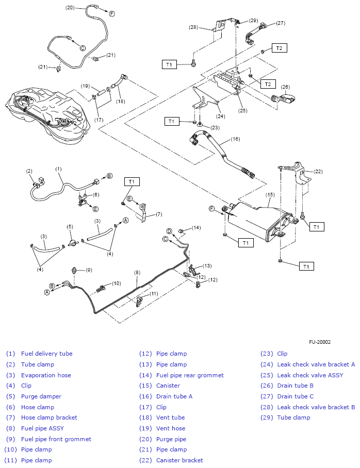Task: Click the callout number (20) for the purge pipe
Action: point(70,8)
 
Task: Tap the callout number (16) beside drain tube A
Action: point(236,139)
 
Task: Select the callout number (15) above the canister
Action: point(270,195)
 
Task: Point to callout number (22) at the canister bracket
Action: point(318,172)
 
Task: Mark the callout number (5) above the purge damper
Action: point(70,226)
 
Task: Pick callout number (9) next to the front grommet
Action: point(89,270)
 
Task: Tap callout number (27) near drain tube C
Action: point(281,23)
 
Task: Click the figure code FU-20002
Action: point(320,342)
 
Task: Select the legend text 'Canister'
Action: point(168,386)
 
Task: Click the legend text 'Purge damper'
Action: point(41,396)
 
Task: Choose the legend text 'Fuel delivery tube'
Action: point(46,354)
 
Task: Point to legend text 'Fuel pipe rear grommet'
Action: point(190,375)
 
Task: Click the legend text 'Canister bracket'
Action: point(179,460)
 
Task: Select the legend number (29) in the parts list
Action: point(267,417)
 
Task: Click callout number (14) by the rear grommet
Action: point(196,227)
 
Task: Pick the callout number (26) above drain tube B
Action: point(285,87)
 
